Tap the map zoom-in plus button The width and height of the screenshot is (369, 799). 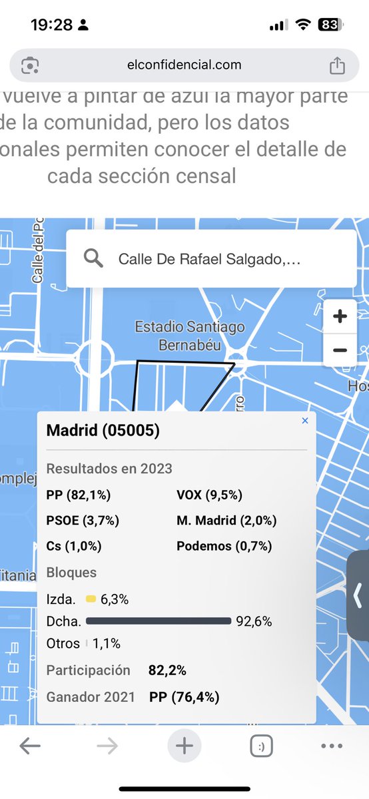click(x=340, y=317)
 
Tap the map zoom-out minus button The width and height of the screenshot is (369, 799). click(x=340, y=350)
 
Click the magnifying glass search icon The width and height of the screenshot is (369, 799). click(x=94, y=258)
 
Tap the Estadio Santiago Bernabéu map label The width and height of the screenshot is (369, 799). click(x=189, y=336)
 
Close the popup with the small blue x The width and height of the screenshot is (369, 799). click(x=305, y=421)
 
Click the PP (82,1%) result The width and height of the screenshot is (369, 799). click(x=79, y=495)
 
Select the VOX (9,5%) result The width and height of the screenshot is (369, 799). click(x=210, y=495)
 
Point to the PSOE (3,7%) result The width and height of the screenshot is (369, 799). click(x=83, y=521)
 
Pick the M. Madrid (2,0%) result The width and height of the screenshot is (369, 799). click(x=226, y=521)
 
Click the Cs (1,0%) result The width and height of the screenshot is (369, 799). click(x=74, y=546)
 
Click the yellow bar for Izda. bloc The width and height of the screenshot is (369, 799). click(x=91, y=599)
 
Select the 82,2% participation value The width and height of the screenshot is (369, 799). click(x=167, y=670)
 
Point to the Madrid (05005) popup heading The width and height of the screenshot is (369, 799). click(x=103, y=431)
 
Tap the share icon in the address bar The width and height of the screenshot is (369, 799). click(x=337, y=65)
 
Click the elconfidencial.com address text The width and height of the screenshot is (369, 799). click(x=184, y=65)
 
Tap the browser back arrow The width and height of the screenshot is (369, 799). click(x=30, y=746)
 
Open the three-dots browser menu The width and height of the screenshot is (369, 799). click(x=331, y=746)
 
